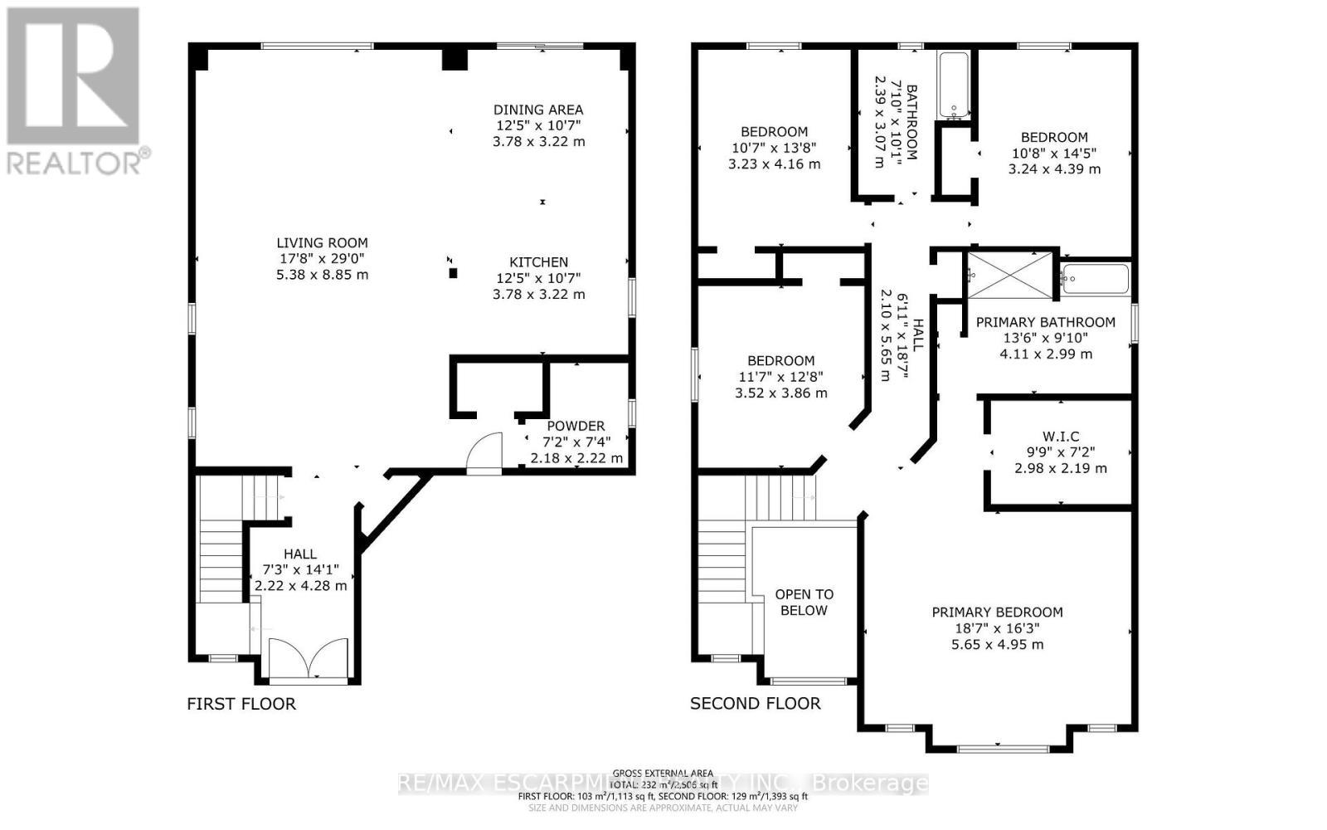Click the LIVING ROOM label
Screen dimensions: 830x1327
tap(322, 242)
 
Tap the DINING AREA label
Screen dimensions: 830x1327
tap(538, 110)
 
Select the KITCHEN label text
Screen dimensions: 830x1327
tap(538, 262)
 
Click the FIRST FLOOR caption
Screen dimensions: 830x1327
tap(241, 704)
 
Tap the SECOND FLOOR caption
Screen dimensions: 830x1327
tap(755, 704)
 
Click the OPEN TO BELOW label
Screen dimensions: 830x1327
tap(804, 602)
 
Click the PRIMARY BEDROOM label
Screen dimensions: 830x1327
tap(997, 613)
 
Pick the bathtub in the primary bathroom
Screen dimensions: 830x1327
tap(1096, 279)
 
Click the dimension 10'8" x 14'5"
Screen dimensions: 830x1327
tap(1054, 153)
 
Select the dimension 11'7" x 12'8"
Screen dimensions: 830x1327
tap(780, 377)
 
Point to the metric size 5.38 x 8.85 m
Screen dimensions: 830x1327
tap(322, 274)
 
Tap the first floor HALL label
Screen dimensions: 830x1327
tap(299, 554)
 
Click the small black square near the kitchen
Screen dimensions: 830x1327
tap(453, 272)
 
